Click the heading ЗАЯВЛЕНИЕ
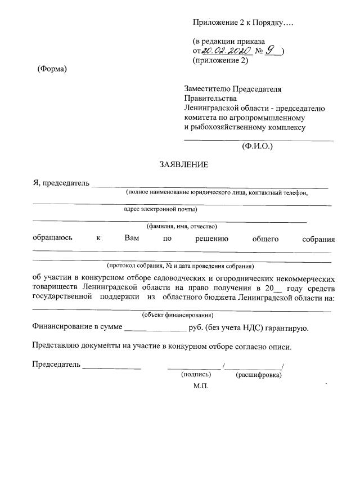tap(184, 165)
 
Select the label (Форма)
tap(52, 69)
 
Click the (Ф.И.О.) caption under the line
tap(257, 146)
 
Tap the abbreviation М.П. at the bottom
tap(201, 386)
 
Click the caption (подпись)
tap(196, 374)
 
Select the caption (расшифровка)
tap(259, 374)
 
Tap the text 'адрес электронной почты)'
tap(160, 209)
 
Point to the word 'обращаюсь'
tap(52, 238)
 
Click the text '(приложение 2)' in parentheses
tap(220, 61)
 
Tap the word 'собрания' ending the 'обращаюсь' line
tap(318, 239)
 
